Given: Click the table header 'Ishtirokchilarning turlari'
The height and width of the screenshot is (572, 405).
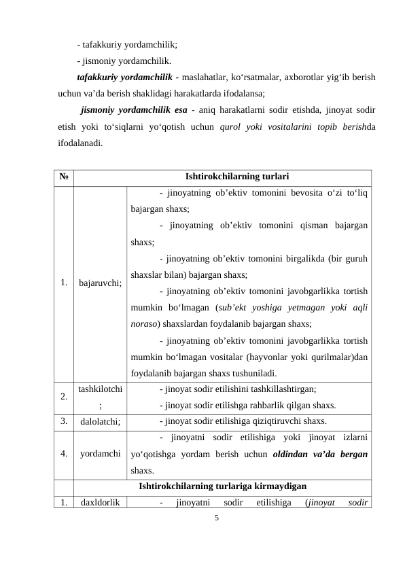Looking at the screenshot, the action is pos(222,177).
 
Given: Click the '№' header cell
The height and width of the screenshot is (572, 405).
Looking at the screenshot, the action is pos(63,177).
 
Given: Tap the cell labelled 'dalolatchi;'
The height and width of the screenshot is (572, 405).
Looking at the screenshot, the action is pos(100,421).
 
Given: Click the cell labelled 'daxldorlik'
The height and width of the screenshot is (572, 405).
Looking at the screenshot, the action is pos(100,503).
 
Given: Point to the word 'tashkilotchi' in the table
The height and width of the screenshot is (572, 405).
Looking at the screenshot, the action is pos(100,389).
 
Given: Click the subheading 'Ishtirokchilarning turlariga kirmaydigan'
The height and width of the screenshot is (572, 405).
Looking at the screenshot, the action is pos(222,486).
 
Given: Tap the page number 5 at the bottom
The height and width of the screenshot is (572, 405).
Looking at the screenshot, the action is pos(216,518).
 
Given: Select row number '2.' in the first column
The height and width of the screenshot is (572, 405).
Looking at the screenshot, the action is pos(63,396).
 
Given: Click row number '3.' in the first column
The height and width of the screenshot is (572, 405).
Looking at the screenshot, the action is pos(63,421).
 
